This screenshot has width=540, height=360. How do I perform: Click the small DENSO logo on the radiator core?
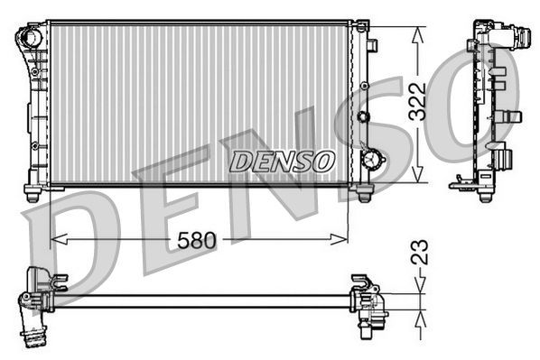coord(281,162)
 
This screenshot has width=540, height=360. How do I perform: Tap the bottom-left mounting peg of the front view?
coord(33,193)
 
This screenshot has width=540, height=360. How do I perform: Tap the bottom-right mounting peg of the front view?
coord(364,193)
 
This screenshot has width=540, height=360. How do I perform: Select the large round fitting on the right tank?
coord(370,158)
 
